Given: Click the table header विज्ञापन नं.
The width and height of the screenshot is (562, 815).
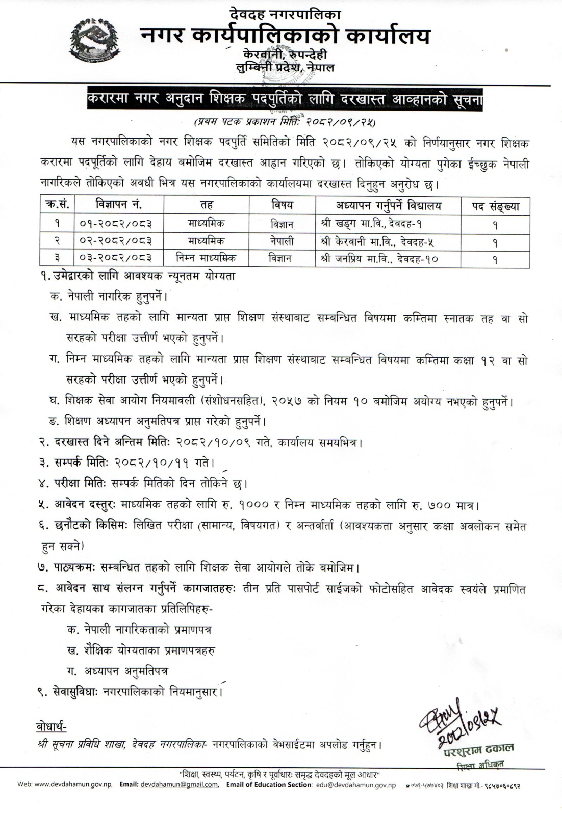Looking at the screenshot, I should pyautogui.click(x=119, y=205).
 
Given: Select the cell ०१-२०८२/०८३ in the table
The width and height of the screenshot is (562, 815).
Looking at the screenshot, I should pyautogui.click(x=116, y=223).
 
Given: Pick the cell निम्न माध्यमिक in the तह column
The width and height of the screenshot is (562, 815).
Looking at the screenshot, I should pyautogui.click(x=206, y=258).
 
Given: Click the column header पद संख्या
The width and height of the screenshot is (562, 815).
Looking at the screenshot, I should pyautogui.click(x=495, y=206).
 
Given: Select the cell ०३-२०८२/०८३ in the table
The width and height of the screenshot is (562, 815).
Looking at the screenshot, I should pyautogui.click(x=116, y=259).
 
